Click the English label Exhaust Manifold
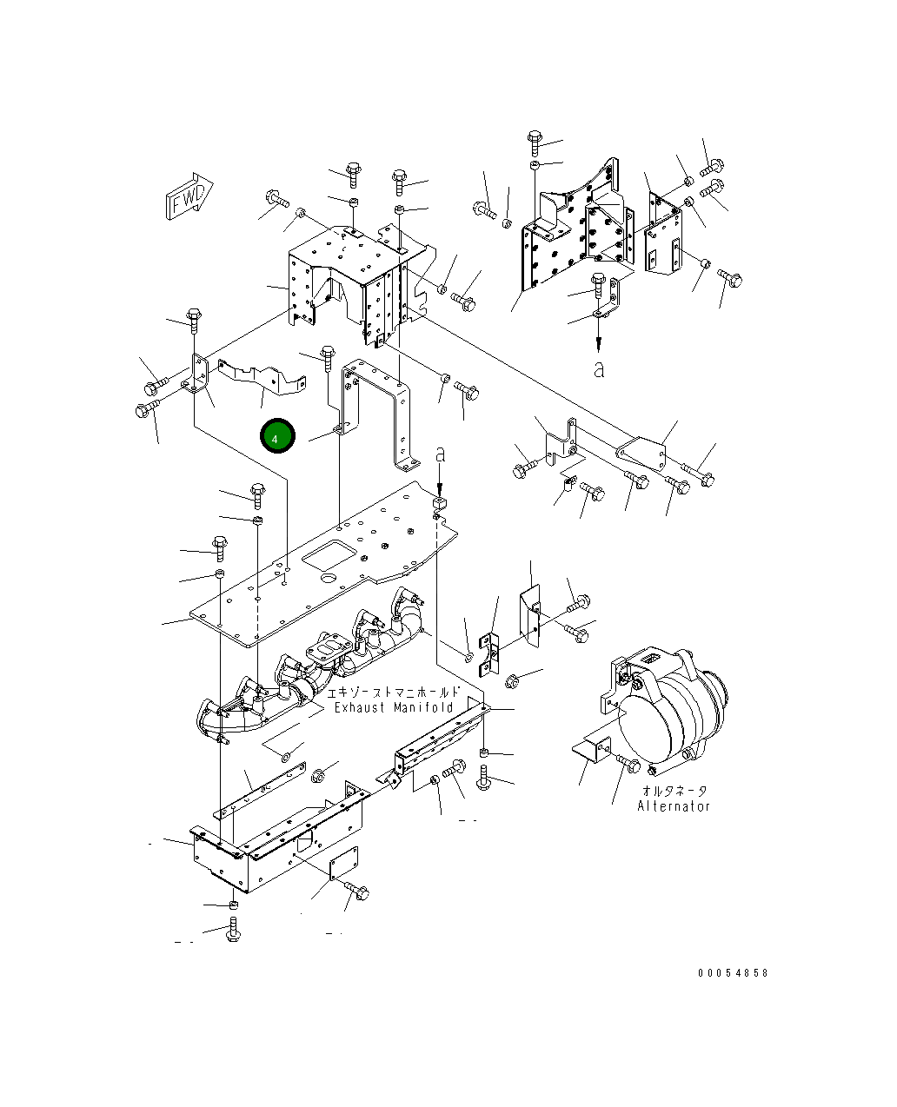point(394,707)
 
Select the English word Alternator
point(674,805)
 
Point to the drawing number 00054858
point(733,973)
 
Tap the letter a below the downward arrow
point(599,368)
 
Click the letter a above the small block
point(441,454)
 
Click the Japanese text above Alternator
point(674,791)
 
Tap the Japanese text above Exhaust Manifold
point(393,693)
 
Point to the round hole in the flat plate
point(328,579)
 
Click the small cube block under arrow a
point(440,501)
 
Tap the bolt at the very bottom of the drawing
point(233,930)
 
